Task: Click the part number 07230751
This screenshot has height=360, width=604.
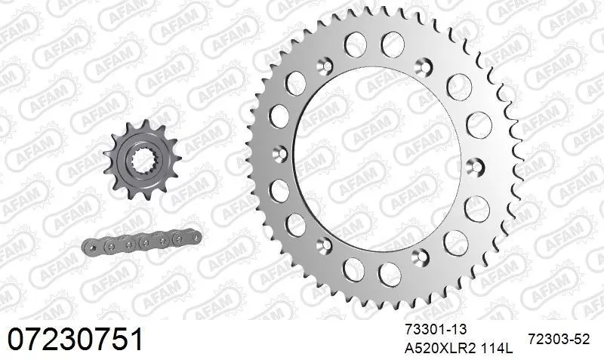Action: pyautogui.click(x=75, y=340)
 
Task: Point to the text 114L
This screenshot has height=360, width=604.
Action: pyautogui.click(x=497, y=349)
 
